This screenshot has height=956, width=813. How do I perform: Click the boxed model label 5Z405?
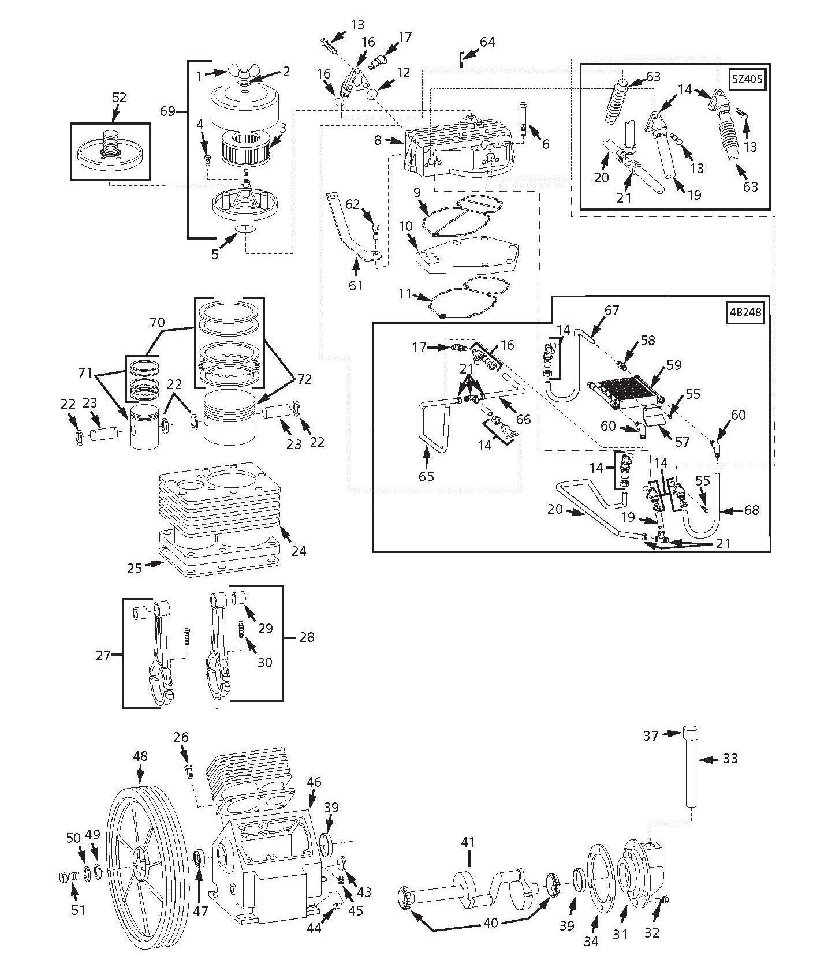(x=747, y=79)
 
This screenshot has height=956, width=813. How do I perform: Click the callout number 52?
(x=119, y=98)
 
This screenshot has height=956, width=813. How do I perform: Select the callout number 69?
(x=167, y=111)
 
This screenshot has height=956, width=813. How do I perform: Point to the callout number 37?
(x=651, y=736)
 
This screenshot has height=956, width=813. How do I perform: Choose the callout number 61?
(x=356, y=285)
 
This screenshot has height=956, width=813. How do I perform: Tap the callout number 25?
(x=135, y=569)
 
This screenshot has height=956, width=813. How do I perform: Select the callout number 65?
(x=427, y=477)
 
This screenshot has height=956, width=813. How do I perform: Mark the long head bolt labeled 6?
(x=523, y=121)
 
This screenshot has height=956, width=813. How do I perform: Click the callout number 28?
(x=307, y=637)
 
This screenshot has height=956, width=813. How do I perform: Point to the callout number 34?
(x=591, y=942)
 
